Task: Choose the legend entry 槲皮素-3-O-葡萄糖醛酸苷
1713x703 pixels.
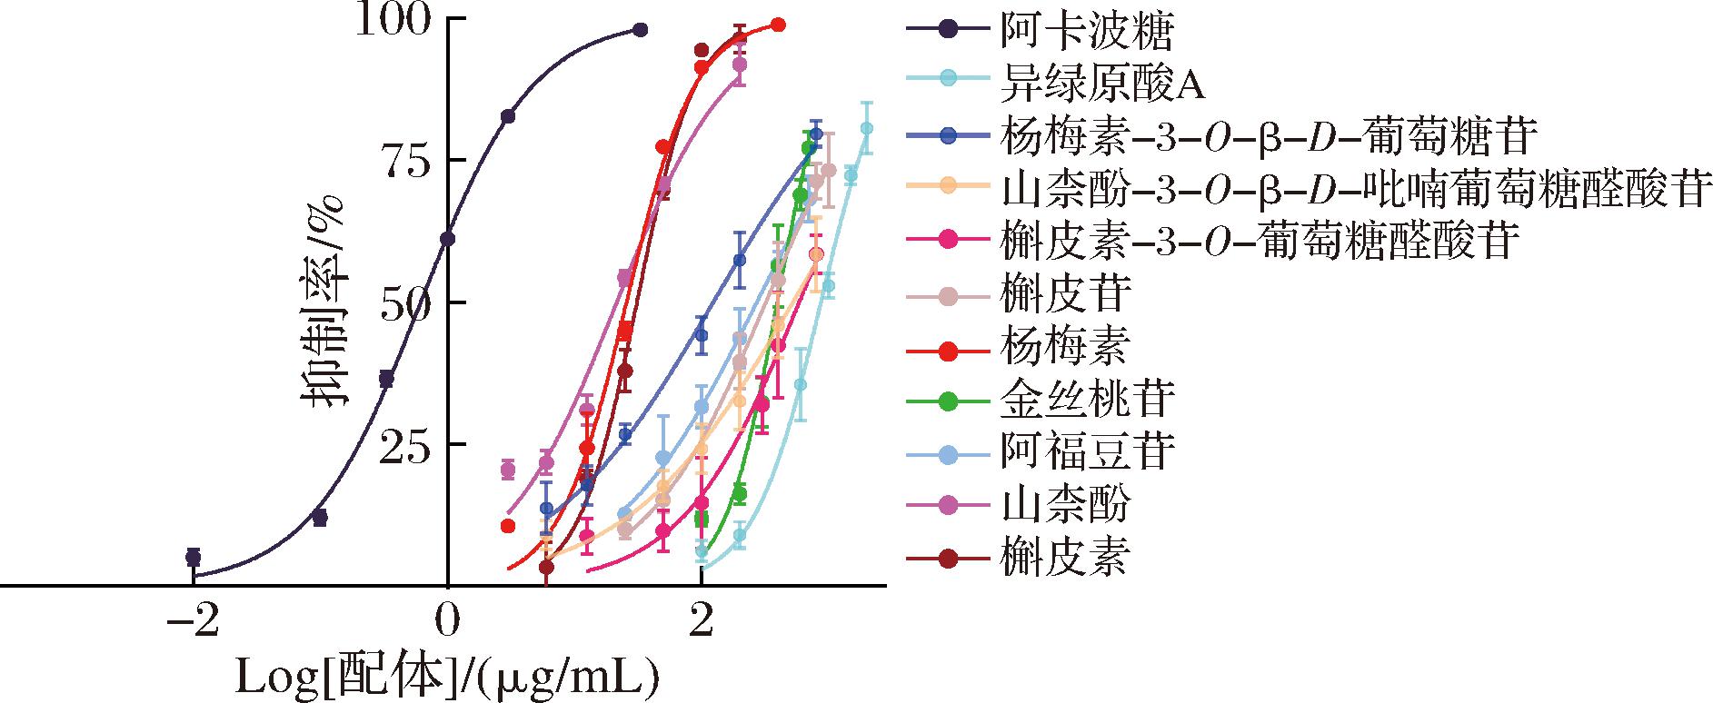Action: (1259, 240)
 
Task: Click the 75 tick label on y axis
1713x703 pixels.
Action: (405, 161)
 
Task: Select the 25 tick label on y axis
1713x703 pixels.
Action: (405, 445)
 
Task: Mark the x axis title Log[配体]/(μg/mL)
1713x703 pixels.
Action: (447, 677)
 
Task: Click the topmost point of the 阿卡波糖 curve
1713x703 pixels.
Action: (640, 30)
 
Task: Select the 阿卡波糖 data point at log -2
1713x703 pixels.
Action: (193, 557)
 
